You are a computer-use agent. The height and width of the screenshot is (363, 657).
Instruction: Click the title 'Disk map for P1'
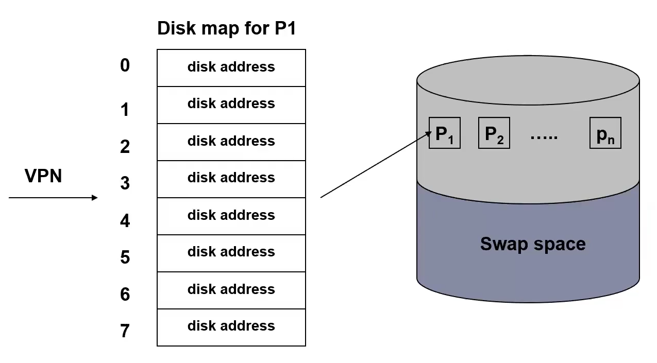pyautogui.click(x=226, y=28)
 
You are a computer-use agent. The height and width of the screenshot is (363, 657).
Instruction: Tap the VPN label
pyautogui.click(x=43, y=176)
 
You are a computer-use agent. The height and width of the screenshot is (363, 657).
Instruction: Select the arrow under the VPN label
pyautogui.click(x=53, y=198)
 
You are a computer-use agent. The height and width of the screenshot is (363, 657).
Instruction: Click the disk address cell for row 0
pyautogui.click(x=231, y=67)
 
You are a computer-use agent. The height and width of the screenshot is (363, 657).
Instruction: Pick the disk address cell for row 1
pyautogui.click(x=231, y=105)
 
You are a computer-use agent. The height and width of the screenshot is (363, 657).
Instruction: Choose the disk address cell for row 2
pyautogui.click(x=231, y=142)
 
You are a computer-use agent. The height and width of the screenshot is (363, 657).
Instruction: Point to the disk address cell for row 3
pyautogui.click(x=231, y=179)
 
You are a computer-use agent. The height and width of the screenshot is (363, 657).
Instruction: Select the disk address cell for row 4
pyautogui.click(x=231, y=216)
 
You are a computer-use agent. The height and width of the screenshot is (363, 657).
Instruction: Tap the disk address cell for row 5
pyautogui.click(x=231, y=253)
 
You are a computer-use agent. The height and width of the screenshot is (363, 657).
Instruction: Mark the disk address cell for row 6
pyautogui.click(x=231, y=290)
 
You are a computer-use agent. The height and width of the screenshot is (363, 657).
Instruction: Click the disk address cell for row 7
pyautogui.click(x=231, y=327)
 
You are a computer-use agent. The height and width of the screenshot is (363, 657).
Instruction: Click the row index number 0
pyautogui.click(x=125, y=65)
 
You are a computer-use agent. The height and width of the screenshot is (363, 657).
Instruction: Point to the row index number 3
pyautogui.click(x=125, y=183)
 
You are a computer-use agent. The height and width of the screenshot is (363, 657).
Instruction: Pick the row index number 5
pyautogui.click(x=125, y=257)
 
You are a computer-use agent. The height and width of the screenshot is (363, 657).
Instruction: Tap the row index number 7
pyautogui.click(x=125, y=331)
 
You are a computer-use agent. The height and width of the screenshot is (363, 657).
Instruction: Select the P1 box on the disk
pyautogui.click(x=444, y=133)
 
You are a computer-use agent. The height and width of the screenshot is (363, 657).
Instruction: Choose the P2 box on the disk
pyautogui.click(x=494, y=133)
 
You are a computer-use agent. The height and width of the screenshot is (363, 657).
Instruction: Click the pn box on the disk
pyautogui.click(x=605, y=133)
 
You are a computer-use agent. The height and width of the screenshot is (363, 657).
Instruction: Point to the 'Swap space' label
pyautogui.click(x=532, y=244)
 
